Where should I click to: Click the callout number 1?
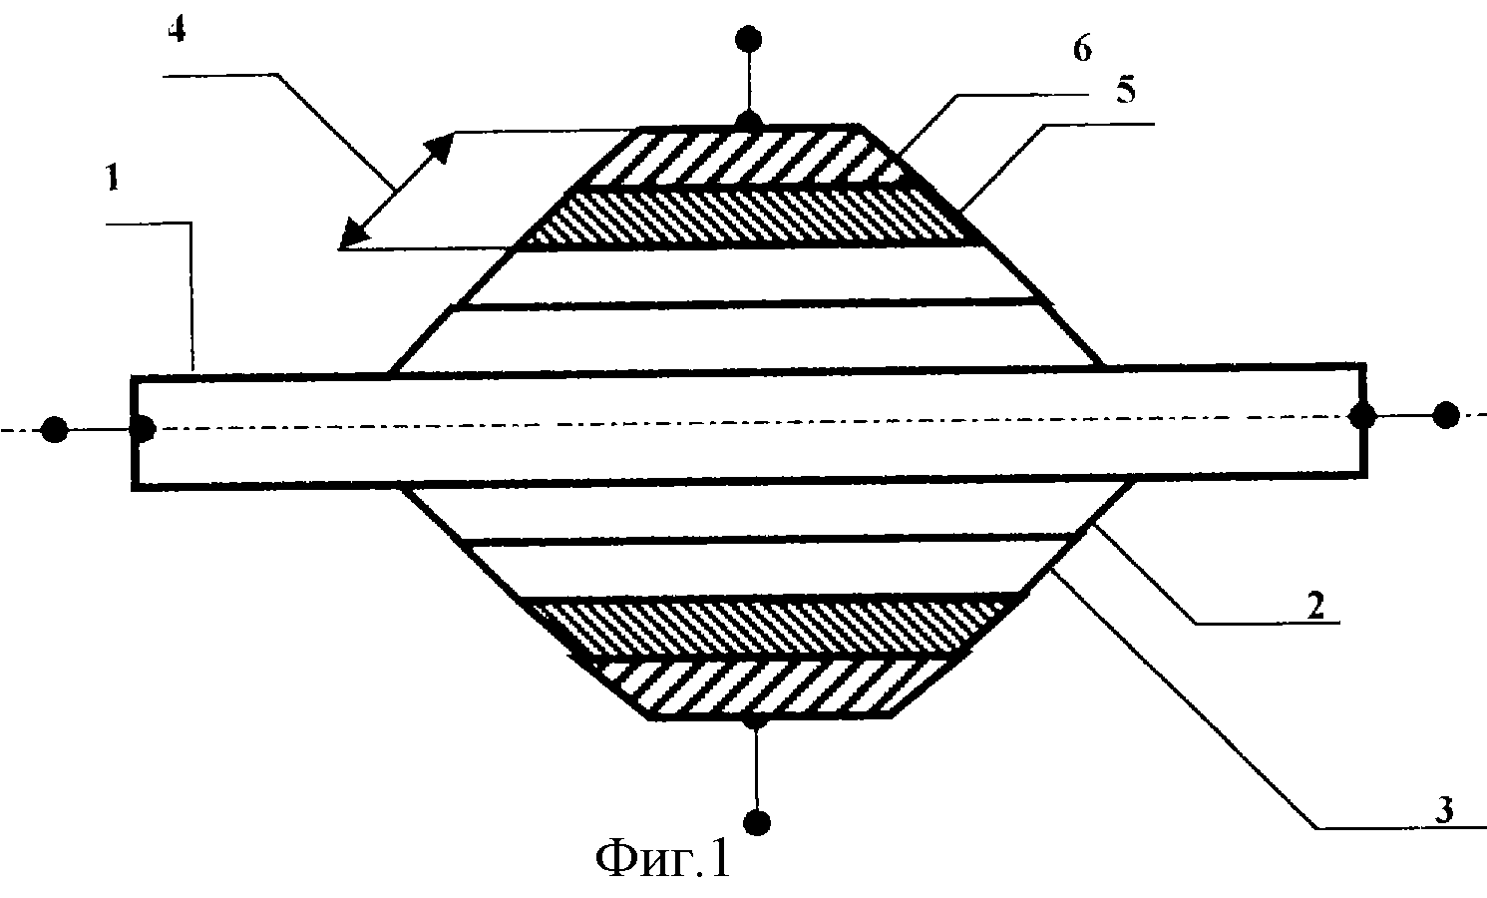tap(113, 178)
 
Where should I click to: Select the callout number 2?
tap(1315, 605)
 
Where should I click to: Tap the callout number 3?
tap(1444, 809)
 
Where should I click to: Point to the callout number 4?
tap(177, 29)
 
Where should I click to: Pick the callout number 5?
tap(1126, 90)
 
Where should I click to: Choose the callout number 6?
tap(1083, 49)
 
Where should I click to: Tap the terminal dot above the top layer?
tap(749, 39)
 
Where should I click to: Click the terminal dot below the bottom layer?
tap(756, 822)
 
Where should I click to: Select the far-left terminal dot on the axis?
tap(54, 430)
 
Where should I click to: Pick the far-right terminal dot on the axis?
tap(1446, 415)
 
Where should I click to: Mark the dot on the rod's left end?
tap(142, 428)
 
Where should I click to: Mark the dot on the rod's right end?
tap(1362, 416)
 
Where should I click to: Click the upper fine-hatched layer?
tap(750, 218)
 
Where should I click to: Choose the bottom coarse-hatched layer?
tap(770, 688)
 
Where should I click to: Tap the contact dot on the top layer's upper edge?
tap(749, 124)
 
